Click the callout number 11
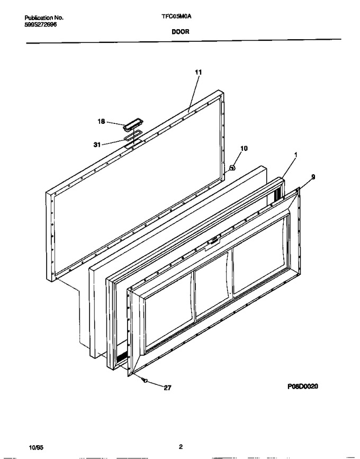click(198, 72)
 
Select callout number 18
click(101, 121)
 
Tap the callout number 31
click(97, 145)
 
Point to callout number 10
click(244, 148)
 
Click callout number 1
click(295, 155)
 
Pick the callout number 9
click(313, 177)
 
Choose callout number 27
click(167, 388)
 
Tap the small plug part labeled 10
click(232, 168)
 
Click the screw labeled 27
click(144, 380)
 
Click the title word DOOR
click(181, 32)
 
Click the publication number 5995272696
click(40, 24)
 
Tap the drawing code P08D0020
click(303, 386)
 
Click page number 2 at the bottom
click(181, 447)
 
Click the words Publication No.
click(44, 17)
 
